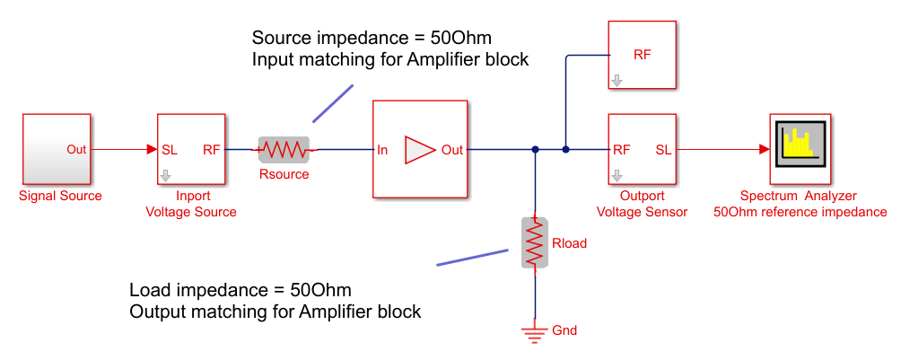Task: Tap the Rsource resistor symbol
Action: [284, 149]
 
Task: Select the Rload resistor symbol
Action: [535, 242]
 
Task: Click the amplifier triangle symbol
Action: [419, 150]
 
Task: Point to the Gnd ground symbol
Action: [535, 334]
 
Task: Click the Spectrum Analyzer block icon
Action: [800, 149]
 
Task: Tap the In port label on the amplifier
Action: [382, 150]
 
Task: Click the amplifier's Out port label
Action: [452, 150]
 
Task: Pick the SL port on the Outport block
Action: [663, 149]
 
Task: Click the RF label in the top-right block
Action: [643, 54]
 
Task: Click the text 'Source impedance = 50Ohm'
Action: [372, 39]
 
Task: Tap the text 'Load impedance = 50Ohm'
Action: [241, 291]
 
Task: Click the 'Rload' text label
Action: [569, 243]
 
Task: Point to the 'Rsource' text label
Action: [284, 174]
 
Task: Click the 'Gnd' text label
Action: [565, 330]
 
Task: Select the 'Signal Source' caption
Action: [60, 196]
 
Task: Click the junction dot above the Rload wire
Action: [535, 150]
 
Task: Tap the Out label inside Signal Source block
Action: [76, 149]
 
